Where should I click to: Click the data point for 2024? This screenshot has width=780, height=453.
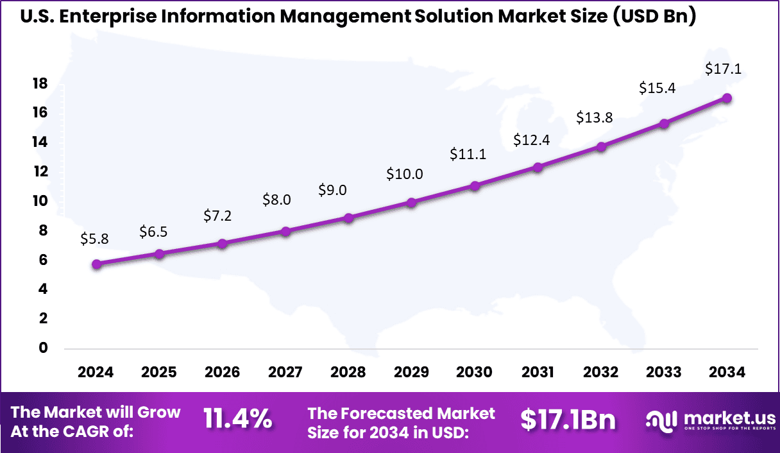pyautogui.click(x=96, y=264)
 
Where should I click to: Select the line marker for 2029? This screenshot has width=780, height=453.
pyautogui.click(x=412, y=203)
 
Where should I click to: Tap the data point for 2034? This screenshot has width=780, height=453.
pyautogui.click(x=727, y=98)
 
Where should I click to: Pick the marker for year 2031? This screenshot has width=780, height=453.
pyautogui.click(x=538, y=167)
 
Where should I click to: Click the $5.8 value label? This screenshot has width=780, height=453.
pyautogui.click(x=94, y=239)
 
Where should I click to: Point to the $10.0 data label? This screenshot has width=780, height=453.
pyautogui.click(x=404, y=174)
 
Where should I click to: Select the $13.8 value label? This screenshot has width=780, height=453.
pyautogui.click(x=593, y=117)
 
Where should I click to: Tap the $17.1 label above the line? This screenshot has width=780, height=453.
pyautogui.click(x=723, y=69)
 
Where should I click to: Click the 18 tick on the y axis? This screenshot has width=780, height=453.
pyautogui.click(x=40, y=83)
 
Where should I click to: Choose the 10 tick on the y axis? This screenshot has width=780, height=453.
pyautogui.click(x=40, y=201)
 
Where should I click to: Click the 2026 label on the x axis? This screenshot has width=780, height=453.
pyautogui.click(x=222, y=373)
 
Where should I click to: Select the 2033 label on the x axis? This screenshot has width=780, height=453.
pyautogui.click(x=664, y=373)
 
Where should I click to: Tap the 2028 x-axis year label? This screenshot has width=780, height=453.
pyautogui.click(x=348, y=373)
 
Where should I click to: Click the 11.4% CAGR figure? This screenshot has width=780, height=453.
pyautogui.click(x=237, y=420)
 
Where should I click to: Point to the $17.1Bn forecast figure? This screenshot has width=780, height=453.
pyautogui.click(x=568, y=420)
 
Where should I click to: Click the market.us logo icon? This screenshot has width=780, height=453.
pyautogui.click(x=661, y=420)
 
